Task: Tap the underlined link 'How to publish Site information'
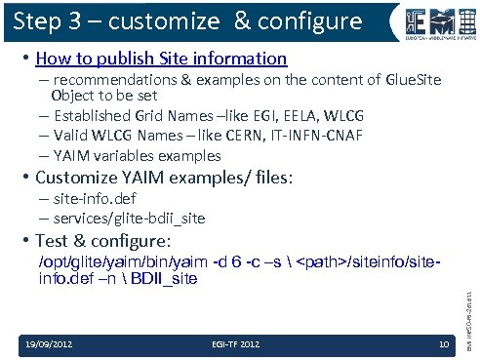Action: click(160, 60)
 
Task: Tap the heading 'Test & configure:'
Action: click(102, 241)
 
